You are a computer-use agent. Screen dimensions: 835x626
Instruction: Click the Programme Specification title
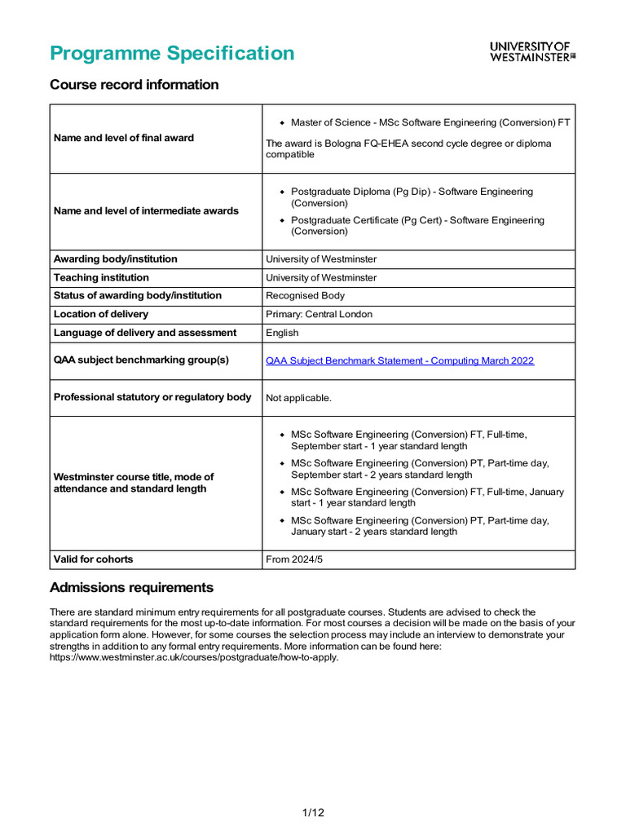(172, 53)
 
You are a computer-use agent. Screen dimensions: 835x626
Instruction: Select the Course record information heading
(134, 85)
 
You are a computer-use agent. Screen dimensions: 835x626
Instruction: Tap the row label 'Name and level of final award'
(124, 138)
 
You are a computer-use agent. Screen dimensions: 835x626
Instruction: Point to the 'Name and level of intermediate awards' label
(146, 210)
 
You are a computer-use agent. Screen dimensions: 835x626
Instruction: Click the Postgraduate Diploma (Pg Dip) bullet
(412, 197)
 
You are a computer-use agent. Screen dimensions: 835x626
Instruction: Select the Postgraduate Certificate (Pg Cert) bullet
(417, 226)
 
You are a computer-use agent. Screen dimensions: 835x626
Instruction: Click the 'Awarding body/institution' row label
(115, 259)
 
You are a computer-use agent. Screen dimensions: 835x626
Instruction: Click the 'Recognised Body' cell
(305, 296)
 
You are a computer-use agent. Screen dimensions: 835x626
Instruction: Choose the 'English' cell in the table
(282, 333)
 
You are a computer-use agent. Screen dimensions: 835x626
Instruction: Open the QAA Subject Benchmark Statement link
(399, 360)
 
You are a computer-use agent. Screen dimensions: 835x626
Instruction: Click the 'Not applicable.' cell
(298, 398)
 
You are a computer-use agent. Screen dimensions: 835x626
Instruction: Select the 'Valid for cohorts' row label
(93, 559)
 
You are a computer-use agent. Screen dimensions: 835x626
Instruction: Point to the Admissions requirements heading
(131, 588)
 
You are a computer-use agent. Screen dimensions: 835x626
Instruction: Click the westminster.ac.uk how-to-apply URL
(194, 657)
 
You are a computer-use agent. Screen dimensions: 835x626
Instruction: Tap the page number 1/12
(313, 812)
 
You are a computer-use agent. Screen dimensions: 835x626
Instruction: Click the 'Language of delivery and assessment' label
(145, 333)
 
